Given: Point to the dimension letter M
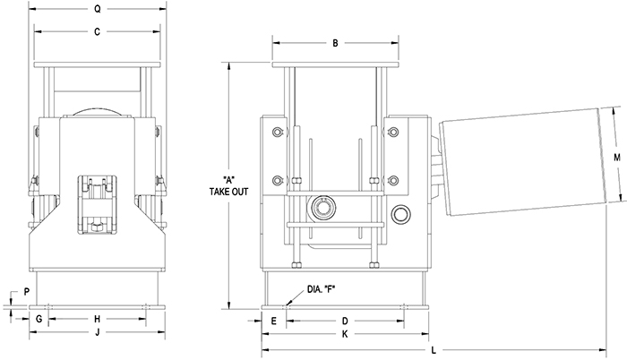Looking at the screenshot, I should (x=616, y=157).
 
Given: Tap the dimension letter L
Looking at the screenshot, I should (x=434, y=350).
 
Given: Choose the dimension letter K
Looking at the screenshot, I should (x=345, y=334).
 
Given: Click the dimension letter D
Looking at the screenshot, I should (x=345, y=319).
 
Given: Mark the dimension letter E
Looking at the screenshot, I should (x=273, y=319).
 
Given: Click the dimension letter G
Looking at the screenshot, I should (x=39, y=319).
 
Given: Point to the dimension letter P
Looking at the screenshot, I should (x=27, y=292).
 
